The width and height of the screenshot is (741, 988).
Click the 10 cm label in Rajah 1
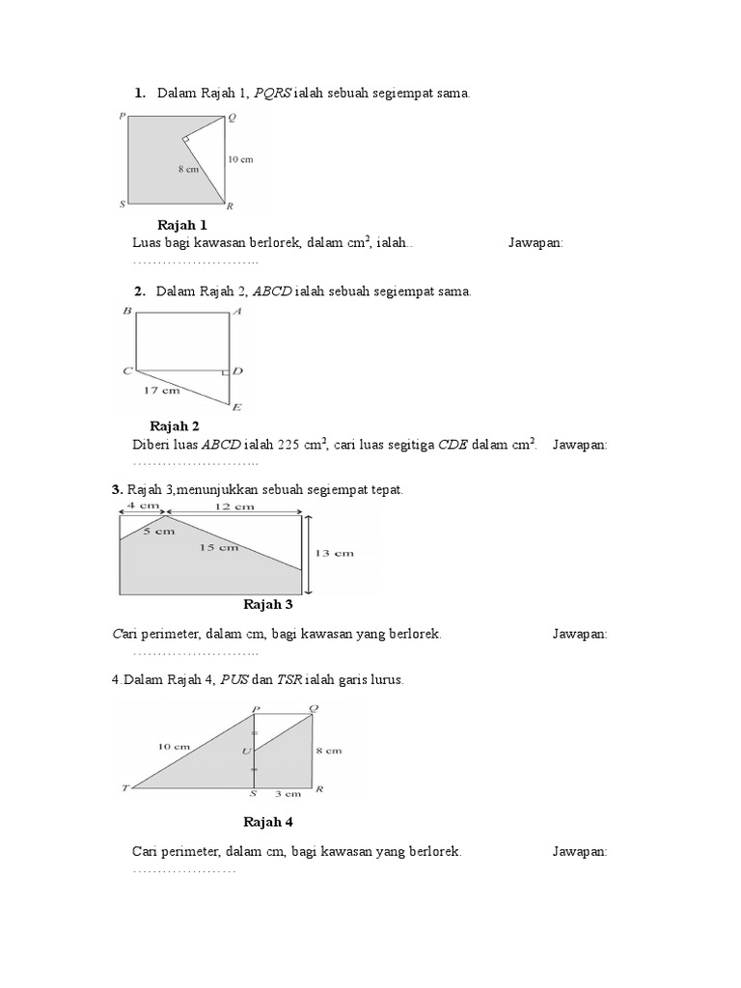240,159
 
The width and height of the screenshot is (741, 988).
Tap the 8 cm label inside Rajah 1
188,168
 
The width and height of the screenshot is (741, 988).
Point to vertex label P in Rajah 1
123,116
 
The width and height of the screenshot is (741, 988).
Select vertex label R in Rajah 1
230,206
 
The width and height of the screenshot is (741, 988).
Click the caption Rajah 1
182,225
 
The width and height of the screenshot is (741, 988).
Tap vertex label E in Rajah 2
236,408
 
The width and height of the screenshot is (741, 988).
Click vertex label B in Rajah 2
126,312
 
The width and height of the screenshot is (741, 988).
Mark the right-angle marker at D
226,371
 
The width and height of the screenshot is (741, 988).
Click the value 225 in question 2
289,445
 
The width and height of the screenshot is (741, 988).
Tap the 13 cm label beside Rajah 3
334,553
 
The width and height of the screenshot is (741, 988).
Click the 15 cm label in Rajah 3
219,548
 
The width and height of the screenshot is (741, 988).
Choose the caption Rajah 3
268,605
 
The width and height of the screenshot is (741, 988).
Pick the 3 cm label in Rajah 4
287,794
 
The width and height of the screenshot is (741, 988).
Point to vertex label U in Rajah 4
246,751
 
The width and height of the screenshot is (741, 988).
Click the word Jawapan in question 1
535,244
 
